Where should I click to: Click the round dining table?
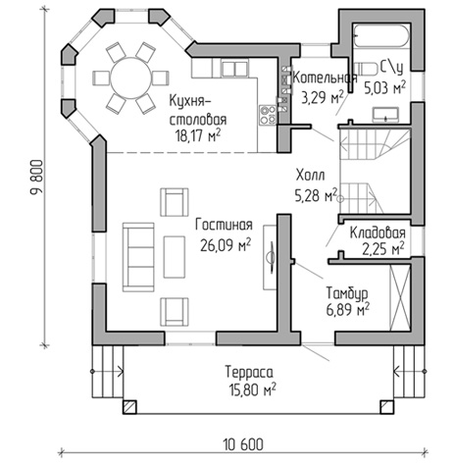coord(130,78)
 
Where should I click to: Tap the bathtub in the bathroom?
coord(381,35)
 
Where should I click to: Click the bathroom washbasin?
coord(385,115)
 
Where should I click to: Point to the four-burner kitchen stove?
coord(268,115)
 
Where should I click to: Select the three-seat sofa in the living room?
coord(138,257)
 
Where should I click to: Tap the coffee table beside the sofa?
coord(175,257)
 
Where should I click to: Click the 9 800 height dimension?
coord(37,177)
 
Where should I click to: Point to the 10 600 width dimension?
coord(243,444)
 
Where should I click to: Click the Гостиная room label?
coord(224,225)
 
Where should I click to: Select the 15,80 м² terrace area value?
coord(253,389)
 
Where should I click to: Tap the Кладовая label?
coord(378,232)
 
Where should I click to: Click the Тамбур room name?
coord(347,292)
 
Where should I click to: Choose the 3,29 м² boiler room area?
coord(323,97)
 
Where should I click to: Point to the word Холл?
coord(310,175)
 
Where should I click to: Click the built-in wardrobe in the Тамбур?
coord(400,297)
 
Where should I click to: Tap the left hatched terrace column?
coord(129,407)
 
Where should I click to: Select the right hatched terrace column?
coord(387,407)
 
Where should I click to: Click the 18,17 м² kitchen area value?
coord(198,135)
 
